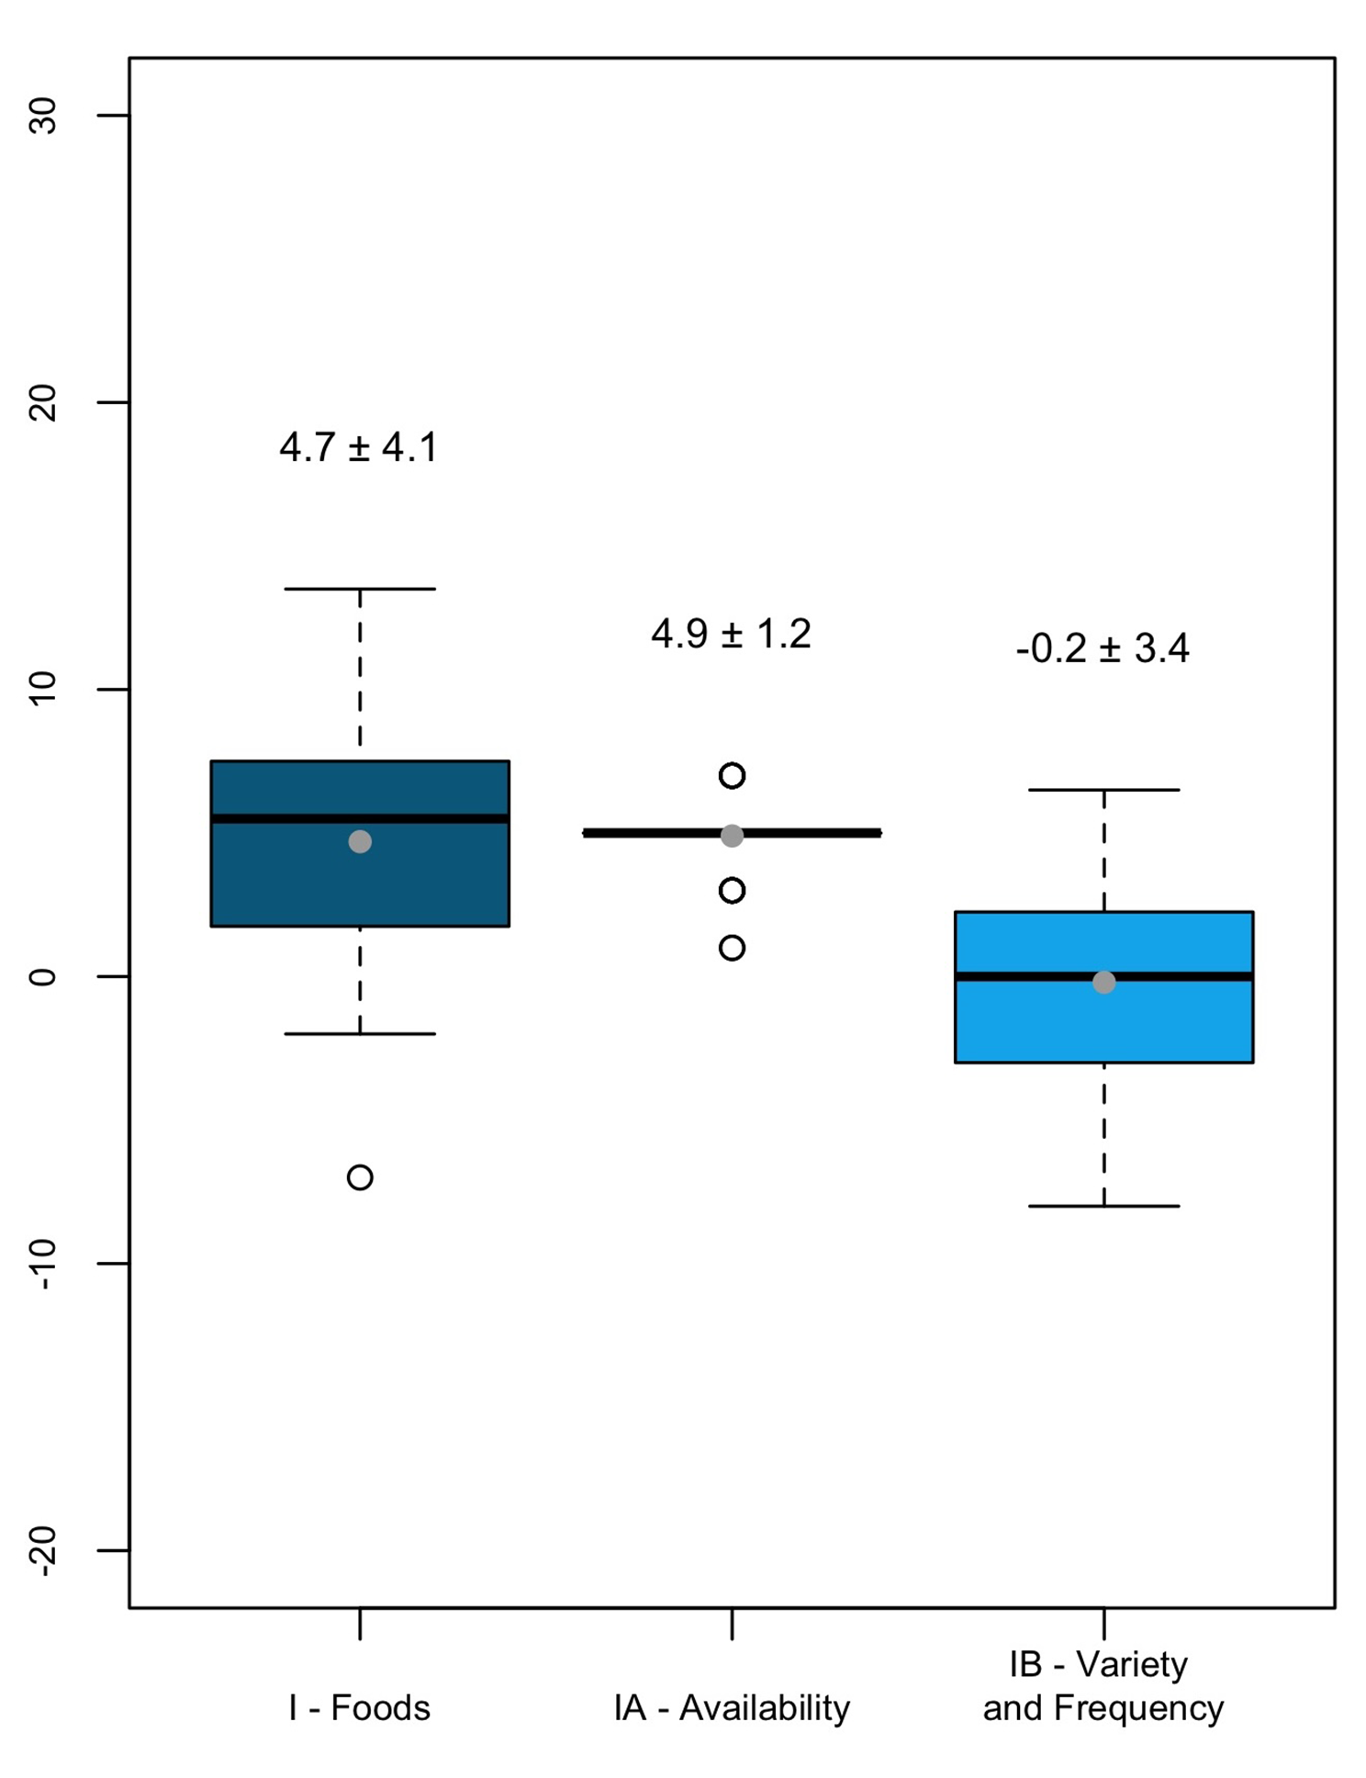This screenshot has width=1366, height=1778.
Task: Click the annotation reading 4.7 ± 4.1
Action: (359, 448)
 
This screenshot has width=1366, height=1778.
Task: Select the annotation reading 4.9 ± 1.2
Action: (731, 635)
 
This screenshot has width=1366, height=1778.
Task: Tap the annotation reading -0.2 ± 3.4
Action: (1103, 649)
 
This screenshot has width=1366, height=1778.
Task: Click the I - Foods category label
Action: (359, 1708)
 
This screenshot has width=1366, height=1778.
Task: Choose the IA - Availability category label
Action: (732, 1708)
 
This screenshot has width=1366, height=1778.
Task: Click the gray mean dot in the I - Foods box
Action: (360, 841)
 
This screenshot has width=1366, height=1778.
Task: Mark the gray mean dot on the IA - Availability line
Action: (732, 836)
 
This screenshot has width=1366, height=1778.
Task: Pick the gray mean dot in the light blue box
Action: (1104, 983)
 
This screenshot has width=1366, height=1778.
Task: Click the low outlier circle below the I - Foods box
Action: (360, 1177)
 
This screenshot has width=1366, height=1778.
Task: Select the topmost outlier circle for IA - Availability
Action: (732, 776)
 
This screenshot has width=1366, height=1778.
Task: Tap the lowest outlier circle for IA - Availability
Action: (732, 948)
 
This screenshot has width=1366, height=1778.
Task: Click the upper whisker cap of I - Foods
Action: (360, 589)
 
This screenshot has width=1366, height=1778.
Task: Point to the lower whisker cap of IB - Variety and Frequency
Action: (1103, 1206)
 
